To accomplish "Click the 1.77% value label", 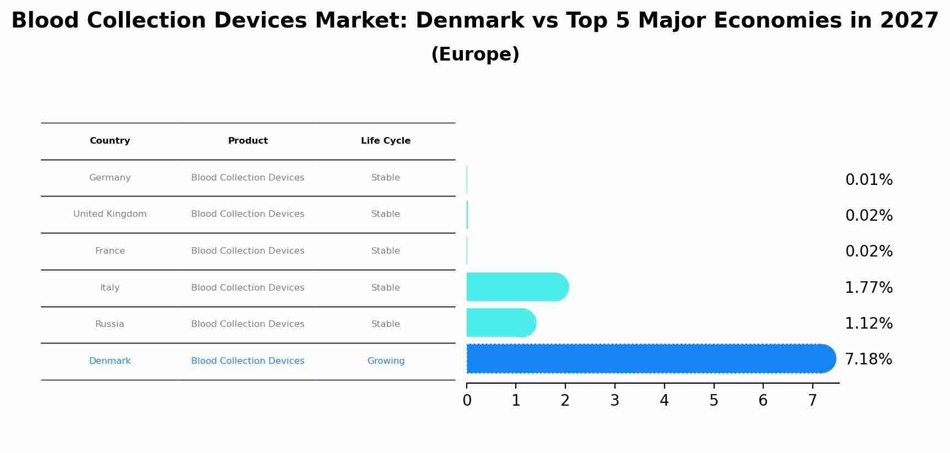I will (x=868, y=287).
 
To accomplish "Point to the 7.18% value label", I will (x=868, y=359).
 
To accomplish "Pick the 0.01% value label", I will (x=868, y=180).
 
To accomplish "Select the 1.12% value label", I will (x=868, y=324).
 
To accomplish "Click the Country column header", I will (x=110, y=141).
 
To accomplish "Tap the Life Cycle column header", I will (x=386, y=141).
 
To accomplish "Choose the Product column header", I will (x=248, y=141).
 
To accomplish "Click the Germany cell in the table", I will (x=110, y=178).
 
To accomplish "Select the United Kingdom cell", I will (x=110, y=214).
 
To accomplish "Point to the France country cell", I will (x=110, y=251).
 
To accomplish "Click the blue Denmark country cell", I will (x=110, y=361).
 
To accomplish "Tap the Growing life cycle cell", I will (x=386, y=361).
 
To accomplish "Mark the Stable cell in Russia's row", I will (x=386, y=324).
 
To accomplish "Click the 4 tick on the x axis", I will (x=664, y=400).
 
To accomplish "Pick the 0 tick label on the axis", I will (x=467, y=400).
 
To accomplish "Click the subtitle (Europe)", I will (x=475, y=54).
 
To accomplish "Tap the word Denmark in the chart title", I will (x=469, y=21).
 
